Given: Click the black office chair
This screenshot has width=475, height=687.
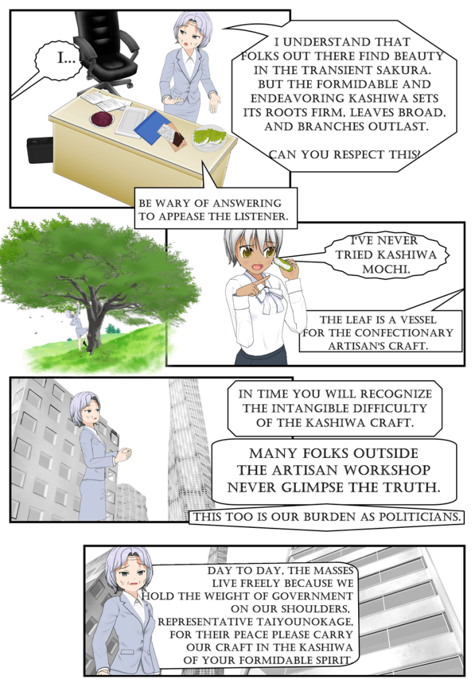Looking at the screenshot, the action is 105,48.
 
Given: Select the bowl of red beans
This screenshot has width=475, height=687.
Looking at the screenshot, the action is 103,118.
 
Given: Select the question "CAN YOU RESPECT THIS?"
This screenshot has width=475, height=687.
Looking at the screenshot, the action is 345,154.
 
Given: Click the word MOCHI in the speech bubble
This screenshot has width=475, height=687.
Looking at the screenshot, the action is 386,269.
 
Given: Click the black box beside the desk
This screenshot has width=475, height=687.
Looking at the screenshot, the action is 40,150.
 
